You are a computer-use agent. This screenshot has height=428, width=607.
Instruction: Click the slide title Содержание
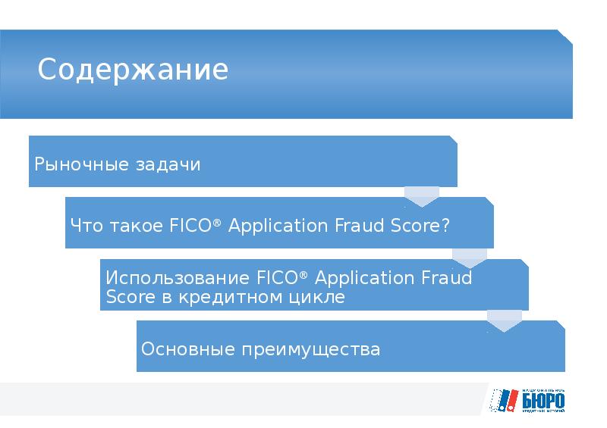pyautogui.click(x=133, y=70)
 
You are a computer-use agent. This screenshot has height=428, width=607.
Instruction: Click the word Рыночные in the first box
pyautogui.click(x=69, y=164)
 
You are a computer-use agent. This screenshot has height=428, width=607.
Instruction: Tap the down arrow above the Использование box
pyautogui.click(x=469, y=258)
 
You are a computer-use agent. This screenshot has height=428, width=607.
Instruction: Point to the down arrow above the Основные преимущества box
pyautogui.click(x=505, y=320)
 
